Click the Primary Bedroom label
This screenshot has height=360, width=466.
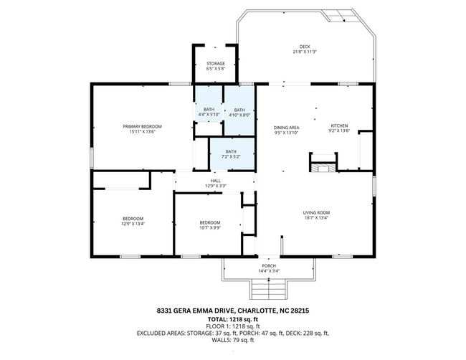pyautogui.click(x=143, y=126)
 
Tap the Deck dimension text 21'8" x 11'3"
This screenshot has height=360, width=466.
pyautogui.click(x=305, y=52)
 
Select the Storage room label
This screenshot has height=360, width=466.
pyautogui.click(x=216, y=64)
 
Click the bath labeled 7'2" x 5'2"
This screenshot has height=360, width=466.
pyautogui.click(x=231, y=154)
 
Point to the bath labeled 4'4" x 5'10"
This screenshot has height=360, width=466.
pyautogui.click(x=209, y=112)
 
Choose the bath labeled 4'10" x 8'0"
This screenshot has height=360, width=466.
pyautogui.click(x=239, y=113)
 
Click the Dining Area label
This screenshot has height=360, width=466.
pyautogui.click(x=286, y=128)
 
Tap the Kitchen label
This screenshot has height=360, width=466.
pyautogui.click(x=339, y=125)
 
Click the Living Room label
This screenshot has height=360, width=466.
pyautogui.click(x=316, y=213)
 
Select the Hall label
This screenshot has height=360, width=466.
pyautogui.click(x=216, y=181)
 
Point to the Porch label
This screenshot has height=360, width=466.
pyautogui.click(x=269, y=266)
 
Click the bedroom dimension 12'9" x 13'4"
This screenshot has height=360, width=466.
pyautogui.click(x=133, y=224)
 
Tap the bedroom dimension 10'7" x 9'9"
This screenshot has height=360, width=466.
pyautogui.click(x=210, y=228)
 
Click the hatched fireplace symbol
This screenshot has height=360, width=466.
pyautogui.click(x=323, y=167)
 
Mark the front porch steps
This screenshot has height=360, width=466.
pyautogui.click(x=269, y=289)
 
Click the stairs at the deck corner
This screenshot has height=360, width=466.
pyautogui.click(x=341, y=15)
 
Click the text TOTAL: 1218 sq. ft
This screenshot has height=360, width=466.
pyautogui.click(x=233, y=320)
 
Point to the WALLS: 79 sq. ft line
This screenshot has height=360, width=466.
pyautogui.click(x=233, y=340)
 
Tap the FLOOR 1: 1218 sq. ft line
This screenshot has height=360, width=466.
pyautogui.click(x=233, y=326)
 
